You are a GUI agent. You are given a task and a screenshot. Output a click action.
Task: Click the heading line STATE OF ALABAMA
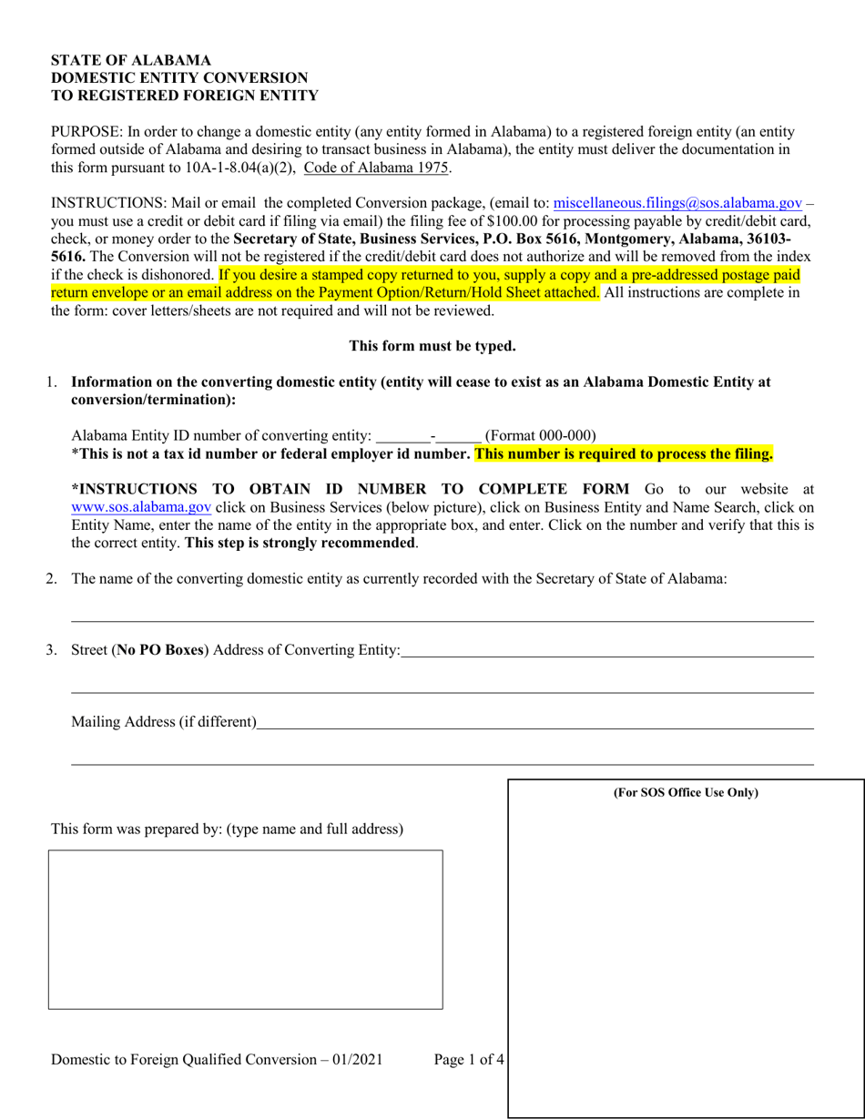click(x=131, y=61)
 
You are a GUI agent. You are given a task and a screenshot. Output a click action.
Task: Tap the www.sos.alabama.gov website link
click(x=141, y=507)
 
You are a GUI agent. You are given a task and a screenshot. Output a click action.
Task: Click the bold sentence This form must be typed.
click(x=432, y=346)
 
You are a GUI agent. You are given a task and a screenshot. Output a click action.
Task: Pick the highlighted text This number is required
click(x=624, y=453)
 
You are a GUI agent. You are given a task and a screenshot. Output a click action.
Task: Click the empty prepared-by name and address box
click(x=245, y=929)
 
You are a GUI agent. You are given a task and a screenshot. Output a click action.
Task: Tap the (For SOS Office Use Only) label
click(x=686, y=792)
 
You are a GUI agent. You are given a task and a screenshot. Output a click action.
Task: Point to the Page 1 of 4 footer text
click(x=468, y=1059)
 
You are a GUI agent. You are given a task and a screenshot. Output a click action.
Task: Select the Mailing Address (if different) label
click(x=164, y=722)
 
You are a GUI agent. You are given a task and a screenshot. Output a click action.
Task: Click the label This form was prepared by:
click(x=137, y=829)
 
